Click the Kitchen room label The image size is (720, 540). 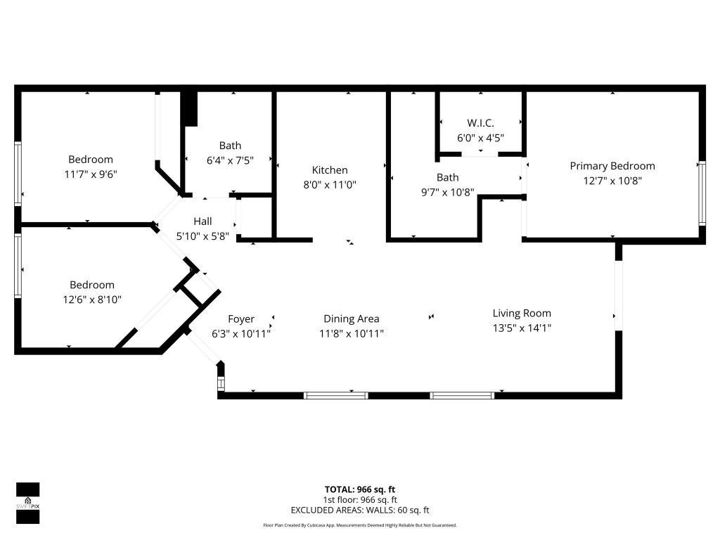[330, 170]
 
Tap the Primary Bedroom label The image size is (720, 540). [612, 166]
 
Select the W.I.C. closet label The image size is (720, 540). [480, 123]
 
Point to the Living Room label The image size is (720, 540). [522, 314]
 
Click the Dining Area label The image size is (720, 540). [352, 319]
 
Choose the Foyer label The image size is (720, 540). [241, 319]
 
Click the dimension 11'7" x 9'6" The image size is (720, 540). [91, 174]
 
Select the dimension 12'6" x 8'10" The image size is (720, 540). [91, 300]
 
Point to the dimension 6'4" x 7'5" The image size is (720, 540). [230, 160]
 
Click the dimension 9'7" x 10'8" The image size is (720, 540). [447, 192]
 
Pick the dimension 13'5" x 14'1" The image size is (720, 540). [522, 327]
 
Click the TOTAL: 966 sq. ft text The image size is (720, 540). [359, 489]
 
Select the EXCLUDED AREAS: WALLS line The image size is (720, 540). [359, 510]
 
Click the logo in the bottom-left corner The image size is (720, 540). [27, 503]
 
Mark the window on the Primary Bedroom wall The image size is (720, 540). [701, 193]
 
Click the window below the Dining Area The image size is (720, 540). [335, 396]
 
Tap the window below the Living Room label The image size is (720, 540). [462, 396]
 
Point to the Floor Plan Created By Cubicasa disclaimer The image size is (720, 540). [359, 525]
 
